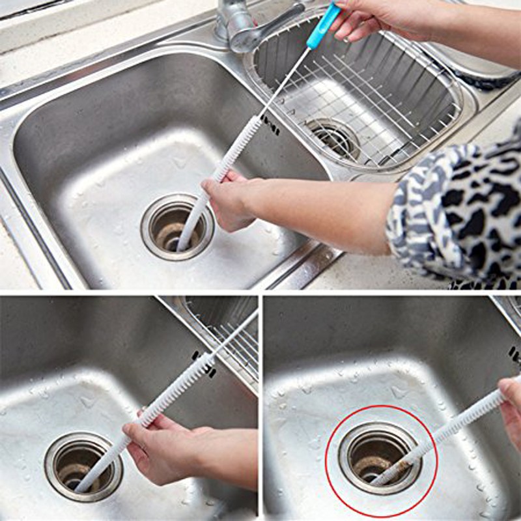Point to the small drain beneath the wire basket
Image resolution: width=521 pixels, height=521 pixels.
(332, 137)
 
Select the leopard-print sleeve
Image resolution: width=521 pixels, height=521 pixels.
(456, 208)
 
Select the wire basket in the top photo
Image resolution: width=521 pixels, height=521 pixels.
(358, 91)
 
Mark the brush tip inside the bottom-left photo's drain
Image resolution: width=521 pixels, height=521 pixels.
(81, 486)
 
